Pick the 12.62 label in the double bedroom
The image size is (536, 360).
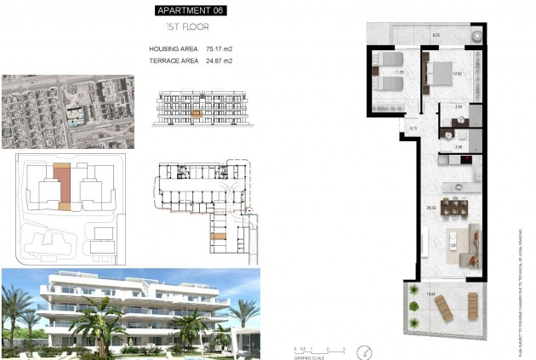click(457, 74)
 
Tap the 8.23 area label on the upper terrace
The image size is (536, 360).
click(436, 35)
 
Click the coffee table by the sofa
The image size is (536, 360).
click(453, 245)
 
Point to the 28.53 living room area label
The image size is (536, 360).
click(432, 207)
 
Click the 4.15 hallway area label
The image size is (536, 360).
click(413, 128)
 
